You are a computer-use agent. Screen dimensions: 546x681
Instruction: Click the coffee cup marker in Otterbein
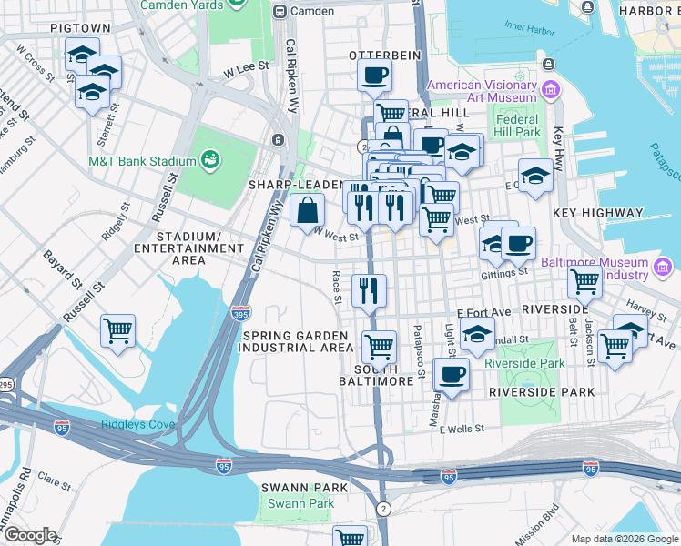pos(374,76)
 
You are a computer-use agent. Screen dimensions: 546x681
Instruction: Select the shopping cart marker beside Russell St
pos(117,331)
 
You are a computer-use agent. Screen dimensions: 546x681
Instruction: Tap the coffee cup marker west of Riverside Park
pos(451,374)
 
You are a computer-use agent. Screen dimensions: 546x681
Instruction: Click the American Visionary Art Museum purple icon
pos(549,91)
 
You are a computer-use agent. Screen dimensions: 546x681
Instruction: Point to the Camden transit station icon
pos(280,12)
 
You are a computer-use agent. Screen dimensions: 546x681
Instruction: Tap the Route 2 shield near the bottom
pos(384,507)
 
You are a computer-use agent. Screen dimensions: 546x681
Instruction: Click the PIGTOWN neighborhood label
pos(80,29)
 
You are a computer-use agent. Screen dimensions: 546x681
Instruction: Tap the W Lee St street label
pos(247,66)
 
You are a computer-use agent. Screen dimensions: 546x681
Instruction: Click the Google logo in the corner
pos(29,535)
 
